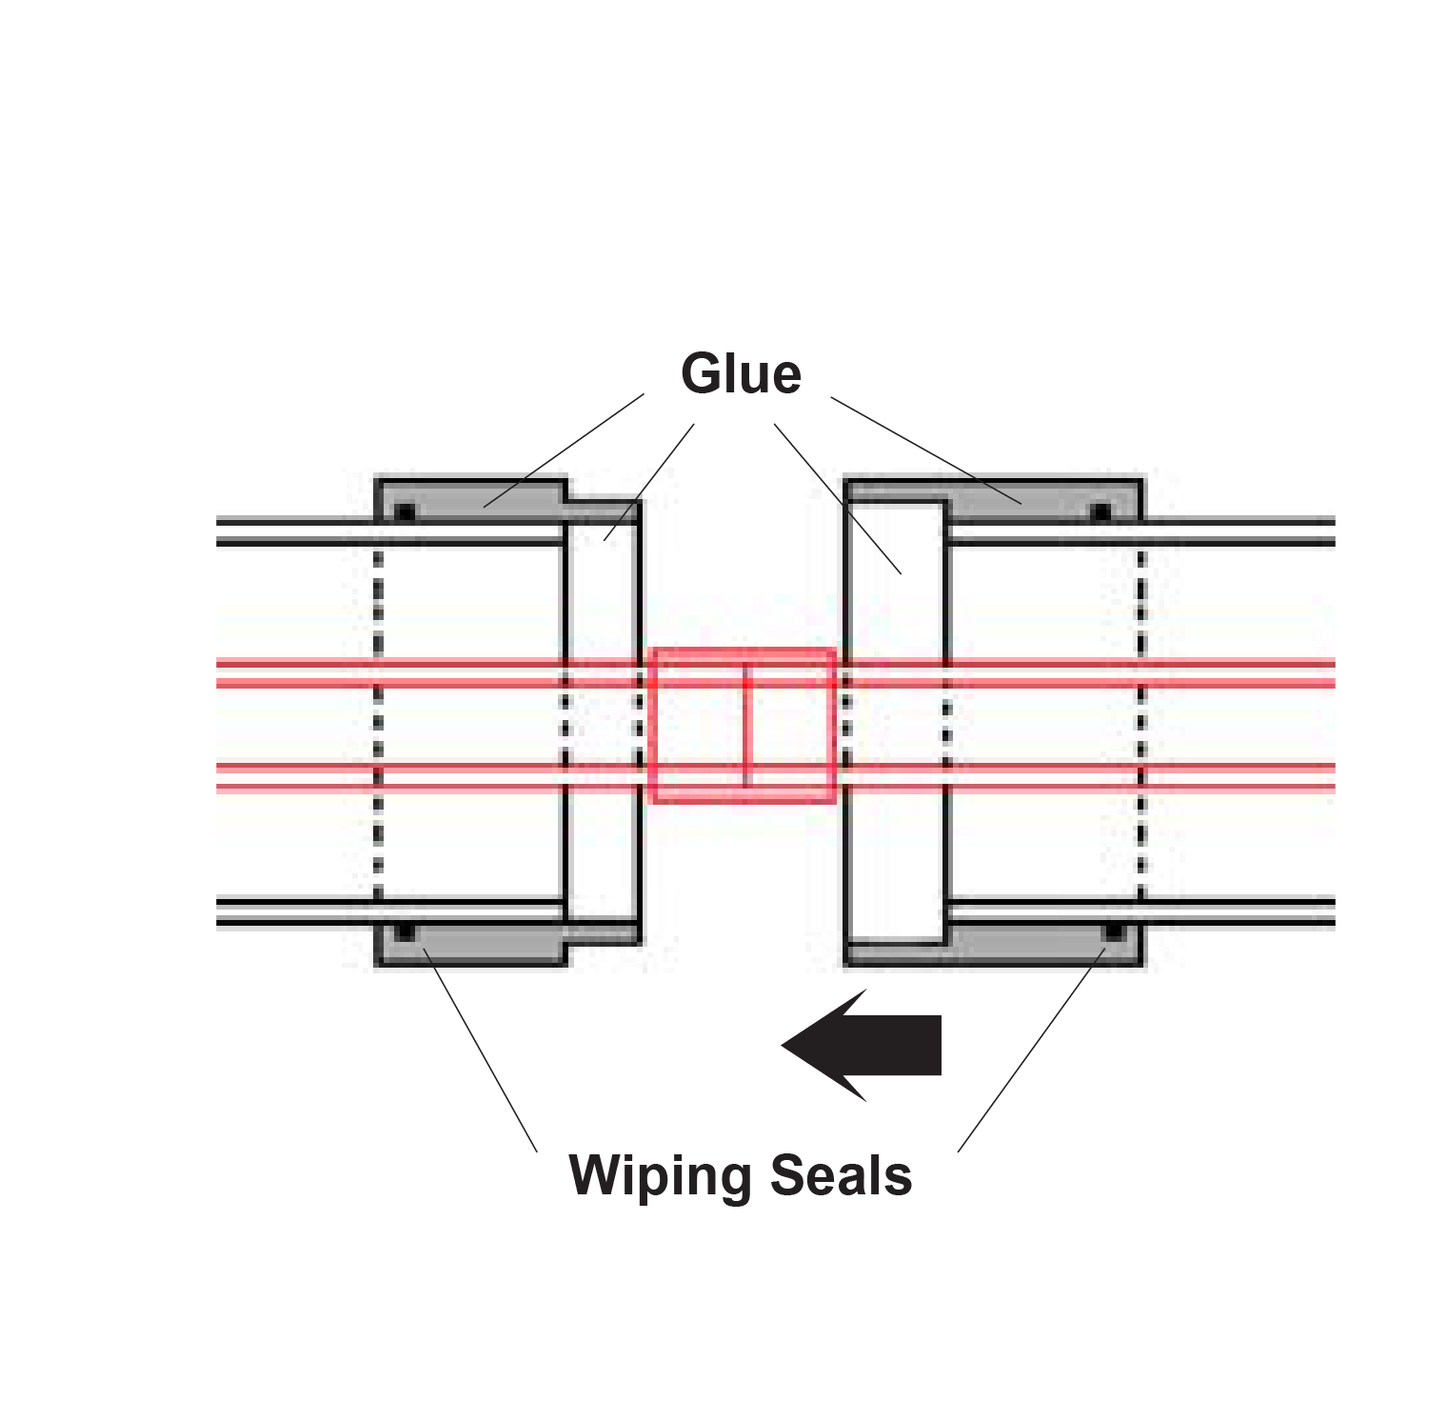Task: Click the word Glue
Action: pyautogui.click(x=741, y=373)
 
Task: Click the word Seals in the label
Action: pyautogui.click(x=841, y=1175)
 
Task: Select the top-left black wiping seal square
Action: pyautogui.click(x=405, y=512)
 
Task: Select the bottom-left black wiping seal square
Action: pyautogui.click(x=405, y=931)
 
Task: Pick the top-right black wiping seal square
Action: pyautogui.click(x=1101, y=512)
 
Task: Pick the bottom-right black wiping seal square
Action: pyautogui.click(x=1112, y=931)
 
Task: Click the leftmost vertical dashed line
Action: pyautogui.click(x=378, y=724)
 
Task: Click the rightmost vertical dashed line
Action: pyautogui.click(x=1141, y=724)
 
